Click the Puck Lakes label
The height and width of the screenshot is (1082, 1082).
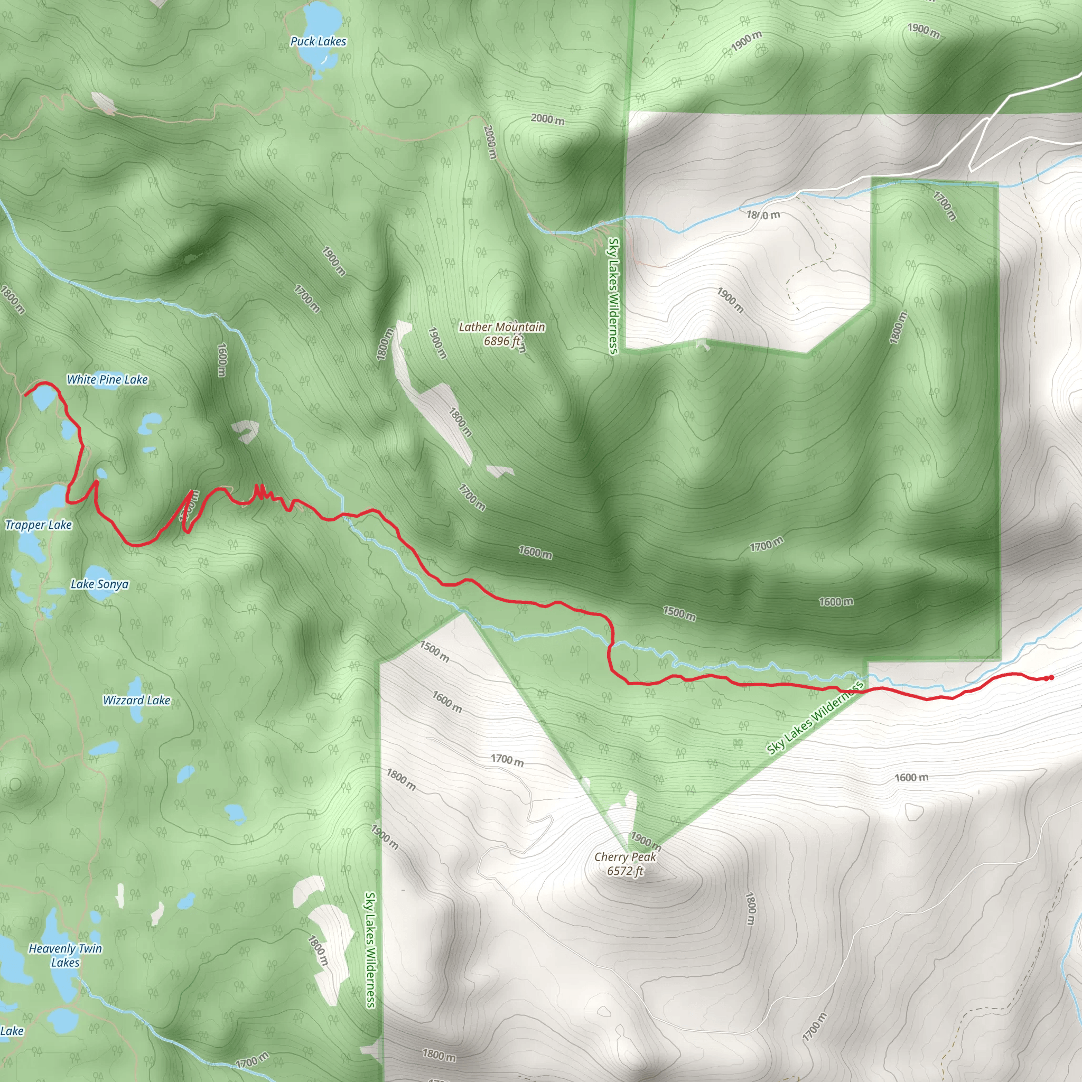pyautogui.click(x=318, y=41)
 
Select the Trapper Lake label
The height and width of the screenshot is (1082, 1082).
pyautogui.click(x=39, y=525)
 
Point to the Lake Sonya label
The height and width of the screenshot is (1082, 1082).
pyautogui.click(x=99, y=584)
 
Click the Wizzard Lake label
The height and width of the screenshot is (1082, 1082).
pyautogui.click(x=136, y=700)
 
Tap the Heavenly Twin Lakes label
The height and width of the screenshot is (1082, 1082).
pyautogui.click(x=65, y=955)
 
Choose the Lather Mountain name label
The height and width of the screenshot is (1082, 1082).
pyautogui.click(x=501, y=327)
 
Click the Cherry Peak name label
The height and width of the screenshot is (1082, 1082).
pyautogui.click(x=625, y=857)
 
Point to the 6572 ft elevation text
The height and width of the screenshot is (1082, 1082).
pyautogui.click(x=625, y=871)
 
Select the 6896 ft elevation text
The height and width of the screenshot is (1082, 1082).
pyautogui.click(x=502, y=341)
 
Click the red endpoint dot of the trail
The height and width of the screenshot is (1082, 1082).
pyautogui.click(x=1051, y=678)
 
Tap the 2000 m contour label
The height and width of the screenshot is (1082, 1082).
pyautogui.click(x=547, y=119)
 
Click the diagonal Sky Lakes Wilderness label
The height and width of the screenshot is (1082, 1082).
pyautogui.click(x=815, y=719)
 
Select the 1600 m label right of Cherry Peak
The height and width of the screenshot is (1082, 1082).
pyautogui.click(x=911, y=777)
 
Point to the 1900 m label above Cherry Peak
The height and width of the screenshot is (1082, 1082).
pyautogui.click(x=646, y=841)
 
